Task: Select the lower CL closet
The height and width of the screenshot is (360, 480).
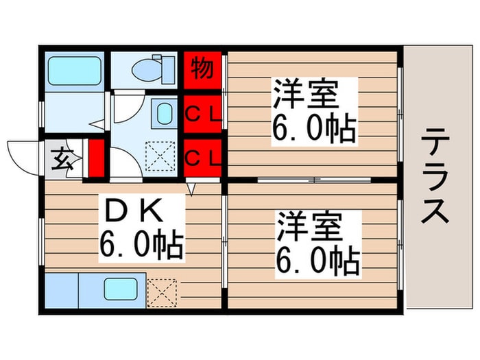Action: (203, 158)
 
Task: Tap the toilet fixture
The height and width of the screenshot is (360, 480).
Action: (145, 69)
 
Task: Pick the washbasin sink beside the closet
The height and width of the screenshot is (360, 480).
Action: (163, 113)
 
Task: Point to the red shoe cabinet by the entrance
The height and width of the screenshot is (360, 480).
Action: (95, 159)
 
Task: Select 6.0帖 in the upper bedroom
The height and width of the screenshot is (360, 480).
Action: (313, 129)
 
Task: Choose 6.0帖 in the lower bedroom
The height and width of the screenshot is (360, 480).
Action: (317, 260)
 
